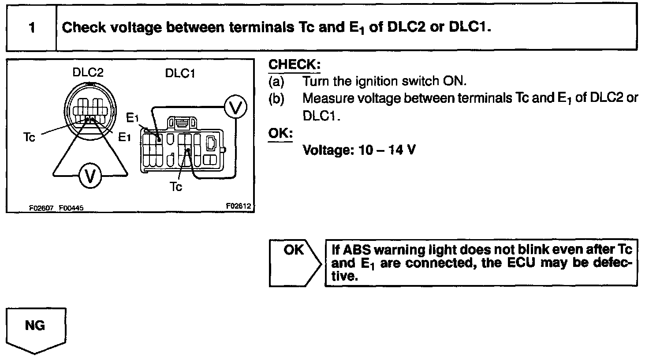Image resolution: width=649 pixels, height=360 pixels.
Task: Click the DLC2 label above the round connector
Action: click(88, 72)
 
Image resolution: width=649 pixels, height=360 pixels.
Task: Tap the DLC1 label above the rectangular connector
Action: click(180, 73)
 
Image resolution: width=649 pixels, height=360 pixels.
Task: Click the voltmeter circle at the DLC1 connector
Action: click(235, 108)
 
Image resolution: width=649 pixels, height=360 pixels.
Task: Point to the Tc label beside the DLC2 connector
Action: click(29, 137)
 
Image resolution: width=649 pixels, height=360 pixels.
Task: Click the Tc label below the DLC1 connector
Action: click(176, 187)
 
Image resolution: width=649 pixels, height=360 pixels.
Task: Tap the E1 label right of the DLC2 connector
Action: click(125, 137)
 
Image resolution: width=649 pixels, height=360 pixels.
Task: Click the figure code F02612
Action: click(238, 206)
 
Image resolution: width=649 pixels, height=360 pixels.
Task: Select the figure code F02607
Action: click(41, 208)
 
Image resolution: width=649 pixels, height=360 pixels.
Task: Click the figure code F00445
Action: click(71, 208)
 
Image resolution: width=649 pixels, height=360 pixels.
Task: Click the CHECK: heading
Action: click(294, 64)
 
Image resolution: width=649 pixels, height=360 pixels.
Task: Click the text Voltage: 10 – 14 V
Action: click(358, 150)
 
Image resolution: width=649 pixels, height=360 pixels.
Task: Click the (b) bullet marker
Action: click(276, 98)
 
